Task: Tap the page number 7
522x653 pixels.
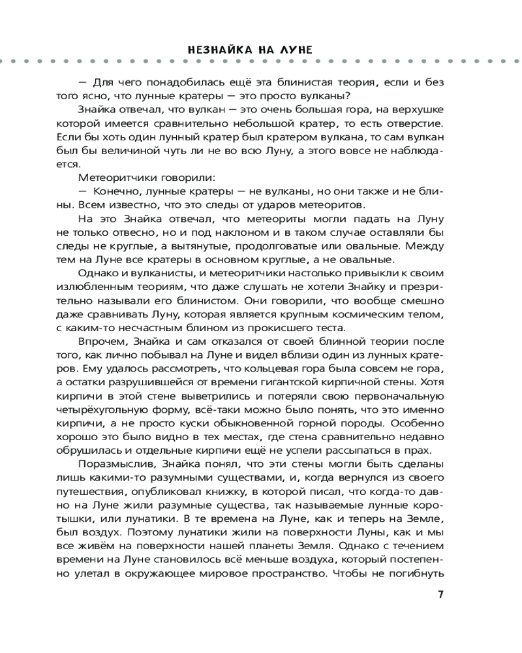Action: (x=440, y=594)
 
